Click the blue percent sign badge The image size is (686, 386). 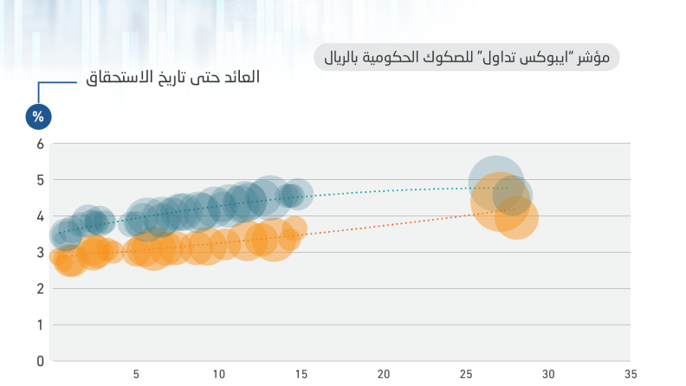click(x=38, y=117)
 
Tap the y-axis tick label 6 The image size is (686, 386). click(x=40, y=144)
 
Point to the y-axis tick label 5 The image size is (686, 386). click(x=40, y=180)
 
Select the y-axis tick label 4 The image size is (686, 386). click(x=40, y=216)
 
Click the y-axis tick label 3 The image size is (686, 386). click(x=40, y=253)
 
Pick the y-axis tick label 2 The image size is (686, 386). click(x=40, y=289)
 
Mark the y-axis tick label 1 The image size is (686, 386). click(x=40, y=325)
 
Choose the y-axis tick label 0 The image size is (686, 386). click(x=40, y=362)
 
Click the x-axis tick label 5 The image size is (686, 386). click(x=136, y=374)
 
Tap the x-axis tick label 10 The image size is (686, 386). click(x=219, y=374)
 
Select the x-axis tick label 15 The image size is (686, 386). click(x=301, y=374)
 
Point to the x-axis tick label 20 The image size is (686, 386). click(x=384, y=374)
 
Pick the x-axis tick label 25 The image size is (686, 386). click(x=466, y=374)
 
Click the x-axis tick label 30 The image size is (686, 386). click(x=548, y=374)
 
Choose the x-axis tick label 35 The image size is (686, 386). click(x=631, y=374)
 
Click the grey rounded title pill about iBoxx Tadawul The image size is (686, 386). click(x=466, y=57)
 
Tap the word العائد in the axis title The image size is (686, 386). click(x=242, y=77)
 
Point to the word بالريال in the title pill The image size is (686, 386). click(x=340, y=58)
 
